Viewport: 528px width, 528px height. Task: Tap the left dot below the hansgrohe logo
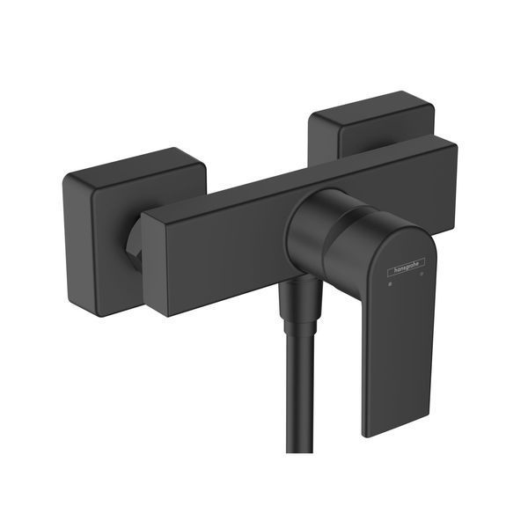point(390,284)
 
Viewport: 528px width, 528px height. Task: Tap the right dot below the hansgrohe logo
point(422,275)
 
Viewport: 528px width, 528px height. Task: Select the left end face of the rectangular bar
point(154,262)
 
